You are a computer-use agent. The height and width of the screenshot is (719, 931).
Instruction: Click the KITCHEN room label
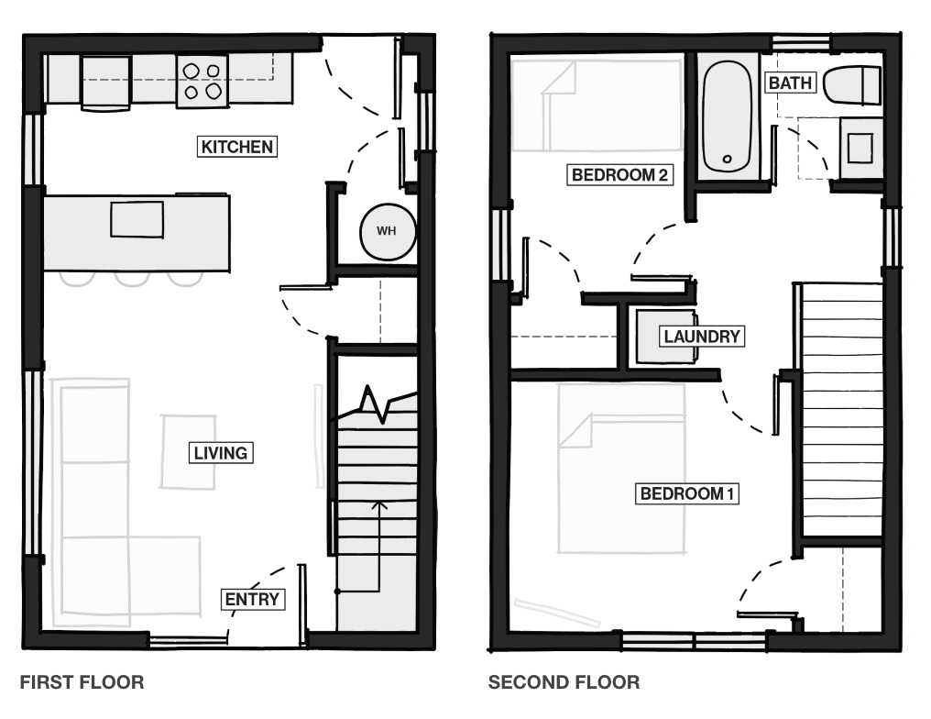[237, 146]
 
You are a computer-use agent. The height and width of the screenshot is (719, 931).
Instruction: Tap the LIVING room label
[220, 453]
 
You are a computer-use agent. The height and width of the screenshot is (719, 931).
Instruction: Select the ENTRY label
[252, 599]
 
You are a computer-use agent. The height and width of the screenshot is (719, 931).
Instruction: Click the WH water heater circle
[387, 231]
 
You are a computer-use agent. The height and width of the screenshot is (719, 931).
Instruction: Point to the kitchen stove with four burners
[202, 82]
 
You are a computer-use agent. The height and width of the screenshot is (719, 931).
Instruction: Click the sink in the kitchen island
[137, 219]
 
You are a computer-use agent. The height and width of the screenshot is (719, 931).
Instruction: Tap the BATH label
[790, 83]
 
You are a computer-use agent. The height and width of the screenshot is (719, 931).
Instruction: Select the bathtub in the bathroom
[727, 116]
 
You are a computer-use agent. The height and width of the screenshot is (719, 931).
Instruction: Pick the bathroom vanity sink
[860, 148]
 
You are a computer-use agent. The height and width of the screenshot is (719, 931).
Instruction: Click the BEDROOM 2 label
[619, 174]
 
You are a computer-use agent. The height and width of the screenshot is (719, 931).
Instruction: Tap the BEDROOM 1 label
[687, 493]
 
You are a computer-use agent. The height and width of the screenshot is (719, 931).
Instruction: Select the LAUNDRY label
[702, 337]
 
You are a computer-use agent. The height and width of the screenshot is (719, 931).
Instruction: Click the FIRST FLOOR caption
[82, 681]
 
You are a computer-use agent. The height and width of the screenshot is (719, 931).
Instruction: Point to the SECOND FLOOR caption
[564, 681]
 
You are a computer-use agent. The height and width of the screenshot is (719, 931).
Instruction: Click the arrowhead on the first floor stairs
[378, 505]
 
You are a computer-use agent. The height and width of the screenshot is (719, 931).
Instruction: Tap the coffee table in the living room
[188, 451]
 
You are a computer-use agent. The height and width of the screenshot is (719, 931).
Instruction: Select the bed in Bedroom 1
[621, 469]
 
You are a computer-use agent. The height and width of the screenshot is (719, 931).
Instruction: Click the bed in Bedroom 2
[597, 105]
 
